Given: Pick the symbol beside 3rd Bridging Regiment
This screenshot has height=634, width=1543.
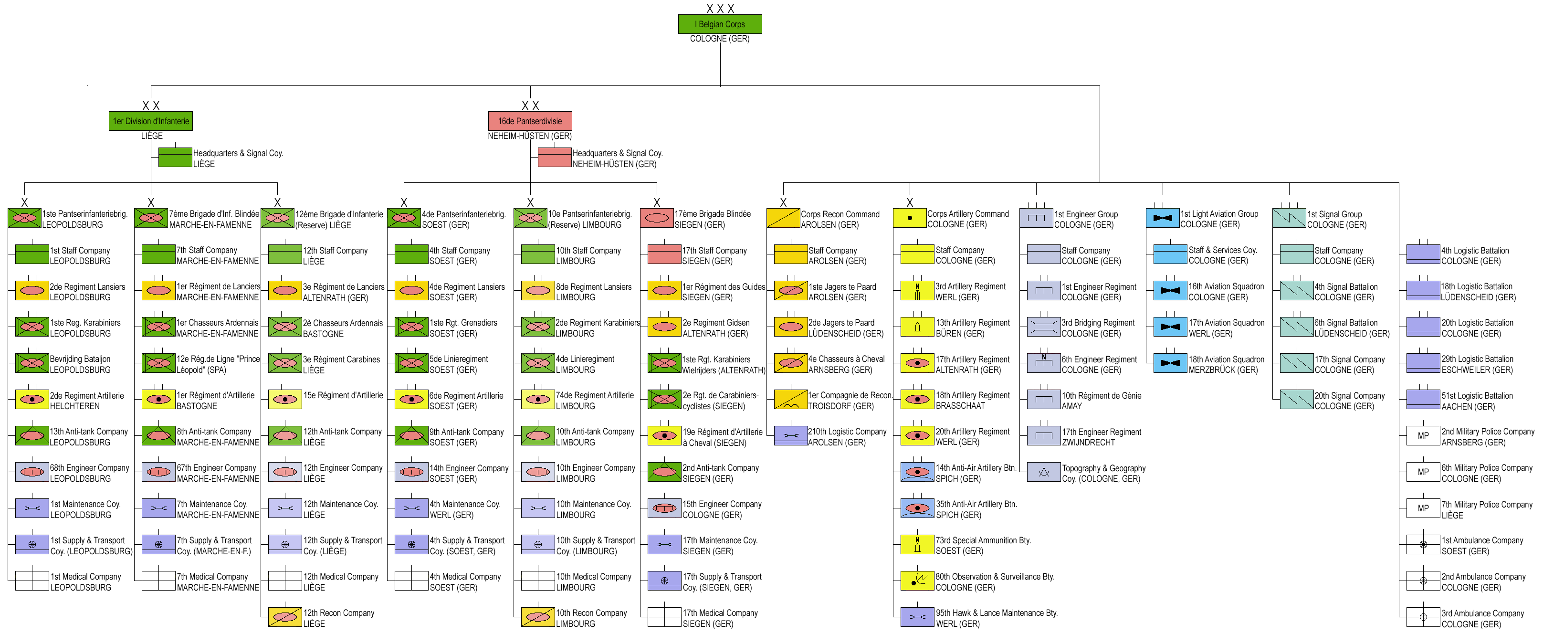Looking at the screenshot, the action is [1043, 327].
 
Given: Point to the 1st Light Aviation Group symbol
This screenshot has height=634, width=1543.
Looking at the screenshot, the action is [1162, 218].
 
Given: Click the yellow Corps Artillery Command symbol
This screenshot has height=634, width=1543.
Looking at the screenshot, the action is [909, 218].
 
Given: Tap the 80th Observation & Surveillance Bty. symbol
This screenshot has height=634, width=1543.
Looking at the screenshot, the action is [917, 581].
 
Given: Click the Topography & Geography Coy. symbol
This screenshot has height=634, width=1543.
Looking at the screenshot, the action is [1043, 472].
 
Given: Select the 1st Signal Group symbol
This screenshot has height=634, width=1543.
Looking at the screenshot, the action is [1289, 218].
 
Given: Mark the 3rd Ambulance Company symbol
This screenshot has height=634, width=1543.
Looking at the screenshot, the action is [1423, 617].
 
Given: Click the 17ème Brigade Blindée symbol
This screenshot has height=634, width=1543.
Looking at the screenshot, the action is [657, 218].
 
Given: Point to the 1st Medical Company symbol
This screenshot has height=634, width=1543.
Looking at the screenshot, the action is [32, 581].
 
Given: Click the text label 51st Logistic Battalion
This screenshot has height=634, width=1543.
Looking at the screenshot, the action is [1477, 395].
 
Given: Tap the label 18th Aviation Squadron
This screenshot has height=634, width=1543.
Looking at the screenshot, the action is [1226, 359].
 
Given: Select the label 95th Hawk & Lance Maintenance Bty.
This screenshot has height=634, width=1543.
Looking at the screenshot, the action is [997, 613].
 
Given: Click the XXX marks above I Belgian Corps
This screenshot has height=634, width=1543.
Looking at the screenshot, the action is [720, 9].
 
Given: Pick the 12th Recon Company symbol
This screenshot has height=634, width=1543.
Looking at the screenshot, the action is [284, 617].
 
